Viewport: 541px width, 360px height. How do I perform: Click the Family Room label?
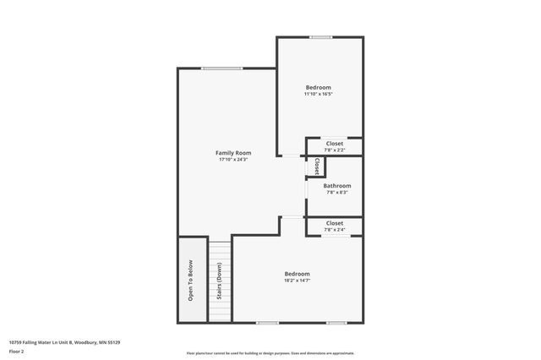pyautogui.click(x=234, y=153)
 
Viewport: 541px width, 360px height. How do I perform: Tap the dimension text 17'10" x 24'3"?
pyautogui.click(x=234, y=160)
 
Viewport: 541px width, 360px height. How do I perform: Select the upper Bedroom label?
pyautogui.click(x=318, y=87)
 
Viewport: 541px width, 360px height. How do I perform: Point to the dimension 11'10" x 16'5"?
pyautogui.click(x=318, y=94)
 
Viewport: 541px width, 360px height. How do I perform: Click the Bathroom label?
pyautogui.click(x=336, y=186)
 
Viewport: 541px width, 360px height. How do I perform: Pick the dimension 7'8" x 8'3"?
pyautogui.click(x=336, y=193)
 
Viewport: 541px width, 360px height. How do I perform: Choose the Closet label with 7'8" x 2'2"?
pyautogui.click(x=335, y=144)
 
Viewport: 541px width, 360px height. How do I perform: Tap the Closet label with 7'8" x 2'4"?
pyautogui.click(x=335, y=223)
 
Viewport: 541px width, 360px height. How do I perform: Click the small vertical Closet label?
pyautogui.click(x=317, y=166)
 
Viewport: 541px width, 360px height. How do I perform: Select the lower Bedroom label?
pyautogui.click(x=297, y=274)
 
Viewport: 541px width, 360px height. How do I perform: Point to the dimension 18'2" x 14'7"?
pyautogui.click(x=297, y=281)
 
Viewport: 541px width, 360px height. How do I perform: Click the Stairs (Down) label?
pyautogui.click(x=219, y=282)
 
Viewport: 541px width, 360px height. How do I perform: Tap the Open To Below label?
pyautogui.click(x=191, y=281)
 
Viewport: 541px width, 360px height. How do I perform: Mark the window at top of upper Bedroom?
pyautogui.click(x=320, y=36)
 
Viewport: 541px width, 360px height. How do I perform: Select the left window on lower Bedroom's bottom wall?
pyautogui.click(x=267, y=322)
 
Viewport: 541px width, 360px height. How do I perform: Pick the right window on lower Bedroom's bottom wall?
pyautogui.click(x=336, y=322)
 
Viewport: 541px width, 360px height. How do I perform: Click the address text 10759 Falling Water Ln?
pyautogui.click(x=64, y=342)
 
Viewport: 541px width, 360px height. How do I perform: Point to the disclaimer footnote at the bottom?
pyautogui.click(x=270, y=353)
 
